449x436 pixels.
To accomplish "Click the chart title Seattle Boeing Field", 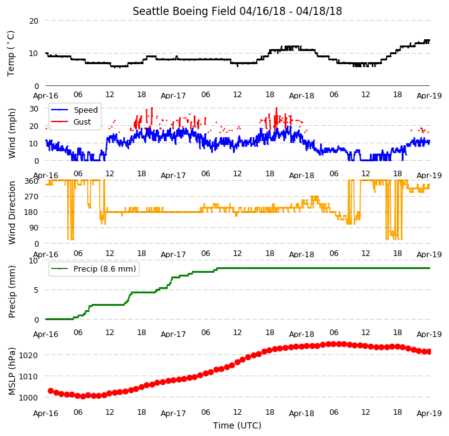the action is tap(184, 11).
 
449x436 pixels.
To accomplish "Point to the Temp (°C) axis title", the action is tap(11, 54).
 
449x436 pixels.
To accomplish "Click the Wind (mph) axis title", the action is tap(12, 133).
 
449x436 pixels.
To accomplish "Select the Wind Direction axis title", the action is tap(12, 212).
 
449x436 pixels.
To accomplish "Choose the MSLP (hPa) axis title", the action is tap(12, 371).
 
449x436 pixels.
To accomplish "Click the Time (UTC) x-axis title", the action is tap(237, 425).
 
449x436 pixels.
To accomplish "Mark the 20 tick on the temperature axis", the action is tap(34, 21).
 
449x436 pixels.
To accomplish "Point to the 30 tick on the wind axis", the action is tap(34, 109).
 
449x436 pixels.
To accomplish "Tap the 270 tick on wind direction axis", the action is tap(32, 197).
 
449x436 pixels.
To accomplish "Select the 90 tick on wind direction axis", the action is tap(34, 228).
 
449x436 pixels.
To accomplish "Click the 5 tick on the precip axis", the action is tap(35, 290).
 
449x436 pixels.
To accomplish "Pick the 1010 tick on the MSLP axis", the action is tap(29, 376).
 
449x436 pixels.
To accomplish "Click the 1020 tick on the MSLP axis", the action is tap(29, 355).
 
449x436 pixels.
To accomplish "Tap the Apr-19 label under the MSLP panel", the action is tap(429, 414).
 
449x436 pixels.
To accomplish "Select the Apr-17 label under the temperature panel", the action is tap(173, 96).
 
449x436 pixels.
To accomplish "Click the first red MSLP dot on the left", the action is tap(50, 391).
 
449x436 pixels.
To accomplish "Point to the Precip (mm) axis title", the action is tap(12, 291).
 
